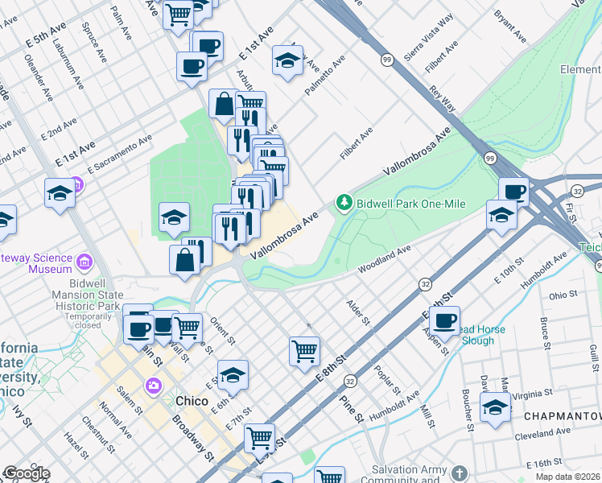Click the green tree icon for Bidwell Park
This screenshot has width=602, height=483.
coord(344,201)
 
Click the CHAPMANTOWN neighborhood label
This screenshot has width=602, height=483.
coord(562,416)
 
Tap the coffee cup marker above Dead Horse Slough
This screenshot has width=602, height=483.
coord(443,320)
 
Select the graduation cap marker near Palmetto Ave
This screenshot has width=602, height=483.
coord(287,61)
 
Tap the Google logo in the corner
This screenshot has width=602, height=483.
coord(26,473)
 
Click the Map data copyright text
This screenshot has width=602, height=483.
coord(567,477)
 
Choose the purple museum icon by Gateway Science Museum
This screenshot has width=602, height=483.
coord(84,262)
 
